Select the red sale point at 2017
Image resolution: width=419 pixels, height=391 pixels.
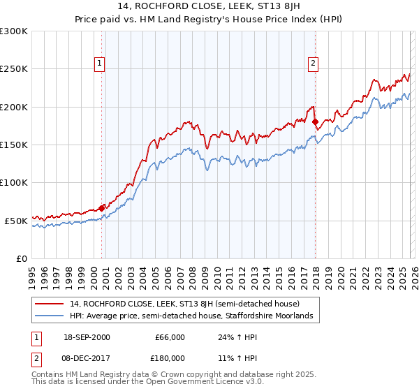[315, 121]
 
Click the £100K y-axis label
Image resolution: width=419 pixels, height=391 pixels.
[14, 183]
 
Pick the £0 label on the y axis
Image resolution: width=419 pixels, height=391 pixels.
[20, 258]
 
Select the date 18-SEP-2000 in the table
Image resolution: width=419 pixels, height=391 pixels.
[81, 338]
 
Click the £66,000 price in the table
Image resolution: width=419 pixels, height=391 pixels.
[169, 338]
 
